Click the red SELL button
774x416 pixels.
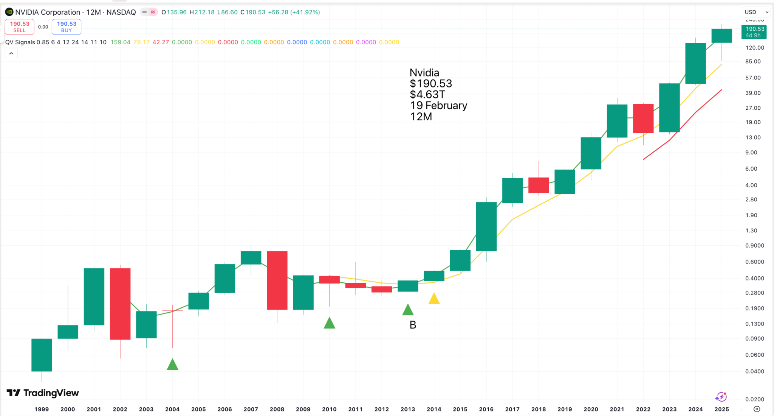(20, 27)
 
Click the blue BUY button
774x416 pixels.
(67, 27)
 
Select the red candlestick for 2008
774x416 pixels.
(277, 280)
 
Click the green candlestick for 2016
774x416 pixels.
(486, 226)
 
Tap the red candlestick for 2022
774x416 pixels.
(643, 118)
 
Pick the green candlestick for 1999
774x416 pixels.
(42, 355)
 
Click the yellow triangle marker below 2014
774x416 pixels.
(434, 299)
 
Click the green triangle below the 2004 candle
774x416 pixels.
(172, 365)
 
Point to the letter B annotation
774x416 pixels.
(413, 325)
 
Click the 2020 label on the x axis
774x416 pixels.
(591, 409)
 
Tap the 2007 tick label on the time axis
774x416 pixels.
(251, 409)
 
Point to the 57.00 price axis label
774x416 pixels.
(753, 78)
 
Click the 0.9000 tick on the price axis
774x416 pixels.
(754, 245)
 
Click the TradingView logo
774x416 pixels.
(43, 393)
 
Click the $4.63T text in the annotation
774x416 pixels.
(427, 94)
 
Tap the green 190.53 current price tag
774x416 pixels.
(754, 32)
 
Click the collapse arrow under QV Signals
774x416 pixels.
(11, 53)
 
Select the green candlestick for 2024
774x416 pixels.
(695, 63)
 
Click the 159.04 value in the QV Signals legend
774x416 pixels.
(120, 42)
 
